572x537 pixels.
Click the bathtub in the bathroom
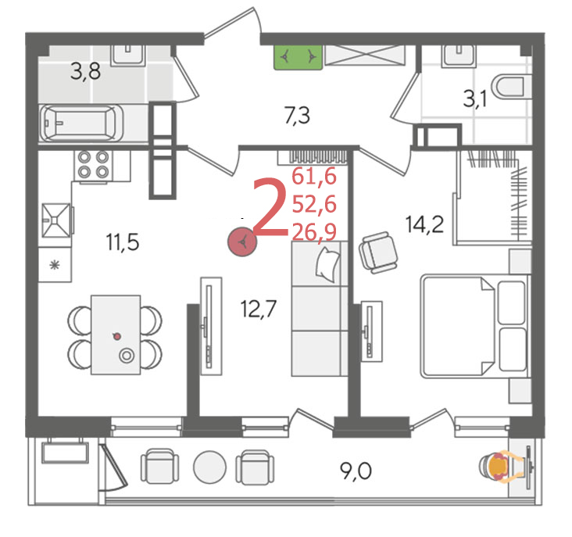tap(81, 123)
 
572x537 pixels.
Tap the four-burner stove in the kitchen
tap(94, 164)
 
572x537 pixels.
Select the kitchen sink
tap(56, 220)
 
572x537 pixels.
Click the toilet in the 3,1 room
tap(511, 87)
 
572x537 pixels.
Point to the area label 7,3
tap(297, 116)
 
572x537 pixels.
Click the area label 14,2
tap(424, 224)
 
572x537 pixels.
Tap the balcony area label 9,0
tap(356, 471)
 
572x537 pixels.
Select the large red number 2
tap(270, 206)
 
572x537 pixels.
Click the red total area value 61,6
tap(313, 177)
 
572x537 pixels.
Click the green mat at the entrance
tap(299, 57)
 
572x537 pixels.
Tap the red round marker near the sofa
tap(242, 242)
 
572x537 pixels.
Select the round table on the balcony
tap(209, 467)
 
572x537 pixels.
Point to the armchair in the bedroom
tap(378, 252)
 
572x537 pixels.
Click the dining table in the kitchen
tap(116, 335)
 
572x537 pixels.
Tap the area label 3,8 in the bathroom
tap(85, 71)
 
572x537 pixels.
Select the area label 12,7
tap(259, 309)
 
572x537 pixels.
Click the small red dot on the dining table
tap(117, 336)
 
